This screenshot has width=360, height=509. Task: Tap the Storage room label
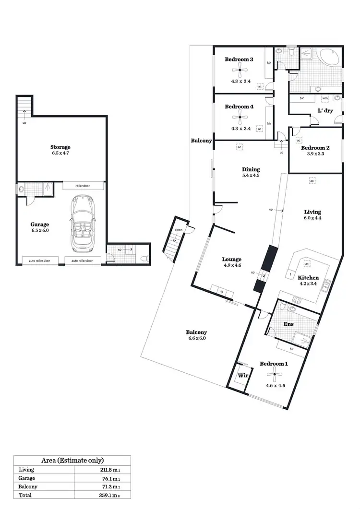coord(60,147)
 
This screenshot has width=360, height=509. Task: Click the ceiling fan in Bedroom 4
coord(239,117)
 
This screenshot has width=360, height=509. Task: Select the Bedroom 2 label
coord(315,148)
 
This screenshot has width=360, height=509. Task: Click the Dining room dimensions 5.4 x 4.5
coord(251,176)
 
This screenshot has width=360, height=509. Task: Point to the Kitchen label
coord(308,278)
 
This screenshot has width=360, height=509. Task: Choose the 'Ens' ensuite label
coord(288,324)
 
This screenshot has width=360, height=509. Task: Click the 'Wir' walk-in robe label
coord(243,376)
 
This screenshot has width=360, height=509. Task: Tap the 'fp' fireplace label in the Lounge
coord(222,291)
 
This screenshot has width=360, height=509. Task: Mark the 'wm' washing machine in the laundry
coord(325,98)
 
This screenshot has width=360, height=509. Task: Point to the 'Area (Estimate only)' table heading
coord(72,460)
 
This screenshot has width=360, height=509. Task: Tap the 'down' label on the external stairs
coord(179,230)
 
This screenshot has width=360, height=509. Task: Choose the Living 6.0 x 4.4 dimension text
coord(312,218)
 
